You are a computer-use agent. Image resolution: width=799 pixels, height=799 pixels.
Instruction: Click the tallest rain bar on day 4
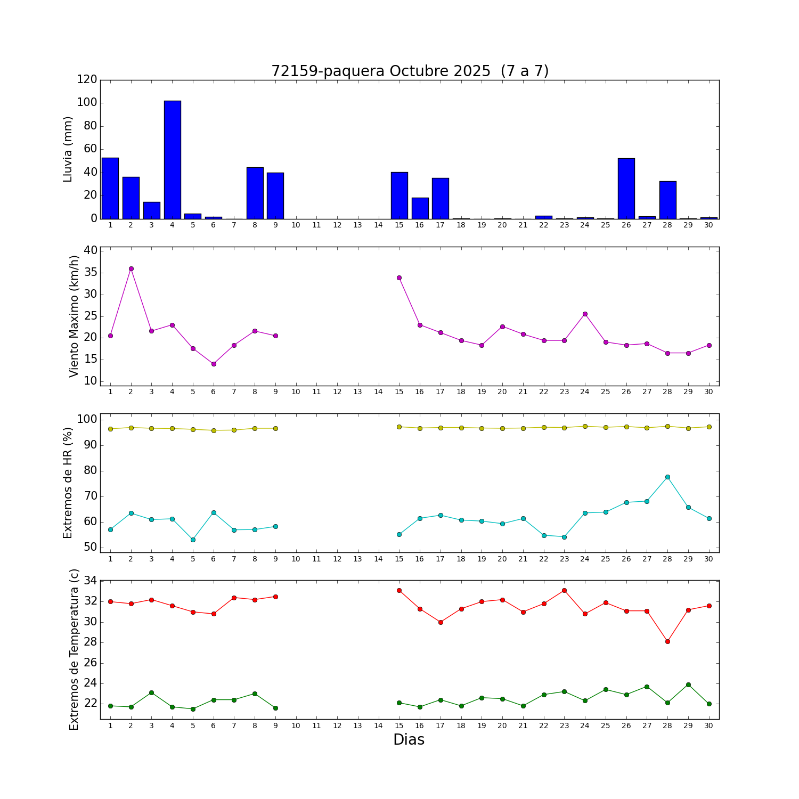pos(172,160)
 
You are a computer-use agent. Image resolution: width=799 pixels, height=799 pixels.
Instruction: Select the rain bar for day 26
pos(626,189)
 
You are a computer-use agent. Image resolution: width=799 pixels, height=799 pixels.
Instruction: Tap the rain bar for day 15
pos(399,195)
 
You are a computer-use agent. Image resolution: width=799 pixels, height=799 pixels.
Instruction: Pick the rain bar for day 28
pos(667,200)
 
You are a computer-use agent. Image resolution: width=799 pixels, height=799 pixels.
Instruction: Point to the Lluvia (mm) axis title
pos(68,149)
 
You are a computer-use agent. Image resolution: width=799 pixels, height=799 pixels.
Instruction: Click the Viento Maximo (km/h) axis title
pos(74,316)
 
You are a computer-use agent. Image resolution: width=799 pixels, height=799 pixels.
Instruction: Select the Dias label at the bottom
pos(409,740)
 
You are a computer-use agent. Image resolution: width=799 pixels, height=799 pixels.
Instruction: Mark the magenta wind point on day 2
pos(131,269)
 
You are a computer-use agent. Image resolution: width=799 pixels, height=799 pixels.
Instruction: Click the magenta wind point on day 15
pos(399,278)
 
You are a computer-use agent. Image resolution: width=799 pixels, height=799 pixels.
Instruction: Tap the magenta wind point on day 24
pos(585,314)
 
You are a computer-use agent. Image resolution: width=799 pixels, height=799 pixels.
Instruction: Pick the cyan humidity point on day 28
pos(667,477)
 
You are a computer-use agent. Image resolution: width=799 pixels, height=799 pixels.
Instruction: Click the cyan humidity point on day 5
pos(193,540)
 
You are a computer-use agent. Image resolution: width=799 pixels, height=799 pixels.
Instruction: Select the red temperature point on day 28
pos(667,641)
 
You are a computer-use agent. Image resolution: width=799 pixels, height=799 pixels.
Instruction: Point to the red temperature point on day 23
pos(564,590)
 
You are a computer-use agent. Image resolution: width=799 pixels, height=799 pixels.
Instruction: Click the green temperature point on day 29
pos(688,684)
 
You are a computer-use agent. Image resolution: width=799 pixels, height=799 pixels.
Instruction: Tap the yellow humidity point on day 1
pos(110,429)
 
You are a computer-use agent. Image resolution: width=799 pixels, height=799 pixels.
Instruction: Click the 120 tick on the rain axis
pos(87,79)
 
